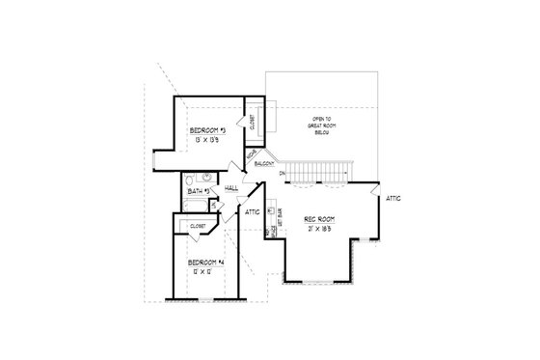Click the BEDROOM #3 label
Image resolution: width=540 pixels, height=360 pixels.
[207, 130]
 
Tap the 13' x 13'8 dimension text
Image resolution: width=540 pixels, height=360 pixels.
[207, 141]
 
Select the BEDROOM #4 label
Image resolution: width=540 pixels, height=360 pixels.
[206, 263]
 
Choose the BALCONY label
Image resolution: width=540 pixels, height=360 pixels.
[265, 164]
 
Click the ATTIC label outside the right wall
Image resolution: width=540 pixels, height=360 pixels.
[393, 198]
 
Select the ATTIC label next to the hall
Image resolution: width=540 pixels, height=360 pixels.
[253, 210]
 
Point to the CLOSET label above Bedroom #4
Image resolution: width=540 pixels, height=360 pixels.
[198, 226]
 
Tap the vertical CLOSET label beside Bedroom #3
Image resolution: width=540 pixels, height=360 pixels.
[252, 122]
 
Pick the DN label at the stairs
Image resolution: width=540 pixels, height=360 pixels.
[283, 174]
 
